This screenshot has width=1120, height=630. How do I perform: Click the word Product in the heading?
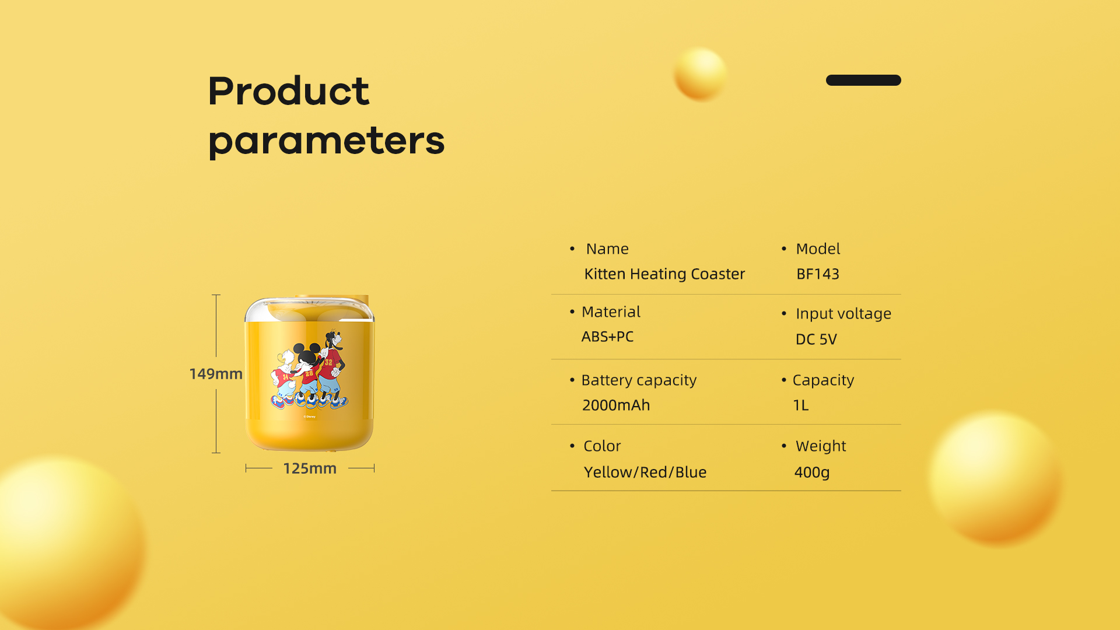tap(289, 91)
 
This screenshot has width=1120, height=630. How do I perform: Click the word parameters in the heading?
tap(327, 142)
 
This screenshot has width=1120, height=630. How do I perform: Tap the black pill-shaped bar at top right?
tap(863, 80)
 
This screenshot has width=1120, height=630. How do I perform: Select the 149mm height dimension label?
tap(216, 374)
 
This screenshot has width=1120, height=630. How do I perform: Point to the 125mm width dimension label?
tap(310, 468)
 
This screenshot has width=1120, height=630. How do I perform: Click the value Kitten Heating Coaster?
tap(664, 274)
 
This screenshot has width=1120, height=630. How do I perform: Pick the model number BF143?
tap(818, 274)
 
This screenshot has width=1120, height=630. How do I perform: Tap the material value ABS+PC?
tap(607, 337)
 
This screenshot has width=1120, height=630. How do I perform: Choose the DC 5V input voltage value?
tap(816, 339)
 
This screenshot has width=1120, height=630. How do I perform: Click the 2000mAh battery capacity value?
tap(616, 405)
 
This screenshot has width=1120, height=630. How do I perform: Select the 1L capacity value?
tap(801, 405)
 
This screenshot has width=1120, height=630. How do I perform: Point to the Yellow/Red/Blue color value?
tap(645, 472)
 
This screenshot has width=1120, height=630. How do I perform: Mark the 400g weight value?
tap(812, 473)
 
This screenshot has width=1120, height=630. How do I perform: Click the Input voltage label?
tap(843, 314)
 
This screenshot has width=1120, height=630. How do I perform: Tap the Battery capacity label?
tap(639, 380)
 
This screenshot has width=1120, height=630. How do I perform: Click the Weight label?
tap(821, 446)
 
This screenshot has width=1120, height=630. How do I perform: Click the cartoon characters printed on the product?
tap(309, 370)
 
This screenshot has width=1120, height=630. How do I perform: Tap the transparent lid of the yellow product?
tap(309, 309)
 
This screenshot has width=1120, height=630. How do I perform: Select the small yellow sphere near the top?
tap(701, 74)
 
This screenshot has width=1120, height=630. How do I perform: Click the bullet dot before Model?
tap(784, 249)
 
